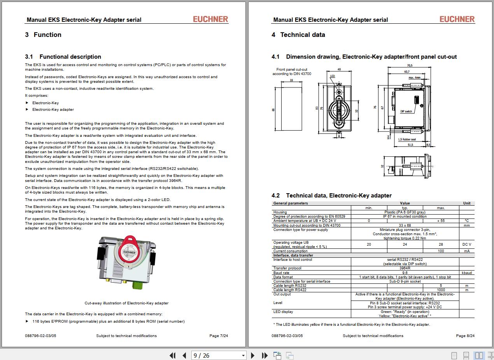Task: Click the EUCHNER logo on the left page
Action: click(210, 19)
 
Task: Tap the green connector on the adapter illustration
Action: click(137, 285)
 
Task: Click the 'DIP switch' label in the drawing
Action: click(406, 112)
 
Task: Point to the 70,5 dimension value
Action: click(410, 65)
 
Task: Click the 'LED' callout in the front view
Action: click(333, 76)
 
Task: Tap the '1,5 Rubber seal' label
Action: click(407, 139)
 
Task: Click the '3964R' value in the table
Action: click(405, 268)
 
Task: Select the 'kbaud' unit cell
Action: click(467, 273)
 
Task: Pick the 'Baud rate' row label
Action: click(281, 273)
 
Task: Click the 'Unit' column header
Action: click(467, 203)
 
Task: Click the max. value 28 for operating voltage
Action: click(441, 245)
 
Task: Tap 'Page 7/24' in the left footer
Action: click(219, 336)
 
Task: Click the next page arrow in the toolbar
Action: click(253, 355)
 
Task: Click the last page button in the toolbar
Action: click(265, 355)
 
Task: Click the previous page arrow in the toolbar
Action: click(184, 355)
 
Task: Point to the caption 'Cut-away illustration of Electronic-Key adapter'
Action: click(126, 303)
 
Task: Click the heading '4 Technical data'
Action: click(298, 35)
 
